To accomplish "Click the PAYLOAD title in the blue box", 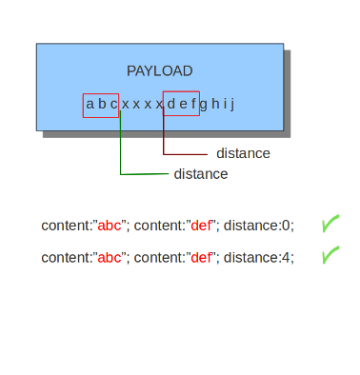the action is click(160, 71).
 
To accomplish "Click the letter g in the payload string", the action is click(204, 105).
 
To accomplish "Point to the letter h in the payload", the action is click(215, 104).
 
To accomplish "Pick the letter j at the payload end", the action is click(232, 104).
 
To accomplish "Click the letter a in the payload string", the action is click(90, 104).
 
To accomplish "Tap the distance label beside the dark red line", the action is click(243, 153).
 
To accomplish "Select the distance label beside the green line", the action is click(201, 174).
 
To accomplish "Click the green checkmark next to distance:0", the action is click(330, 224).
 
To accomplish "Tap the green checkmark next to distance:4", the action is click(330, 255).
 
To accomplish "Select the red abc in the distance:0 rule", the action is click(110, 226).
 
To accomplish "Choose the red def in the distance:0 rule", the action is click(201, 226).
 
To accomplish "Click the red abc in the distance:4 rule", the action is click(110, 258).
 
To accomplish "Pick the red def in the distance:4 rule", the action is click(201, 258).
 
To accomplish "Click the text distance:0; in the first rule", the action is click(259, 226).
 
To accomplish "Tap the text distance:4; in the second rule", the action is click(259, 258).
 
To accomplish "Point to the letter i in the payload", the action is click(225, 104).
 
